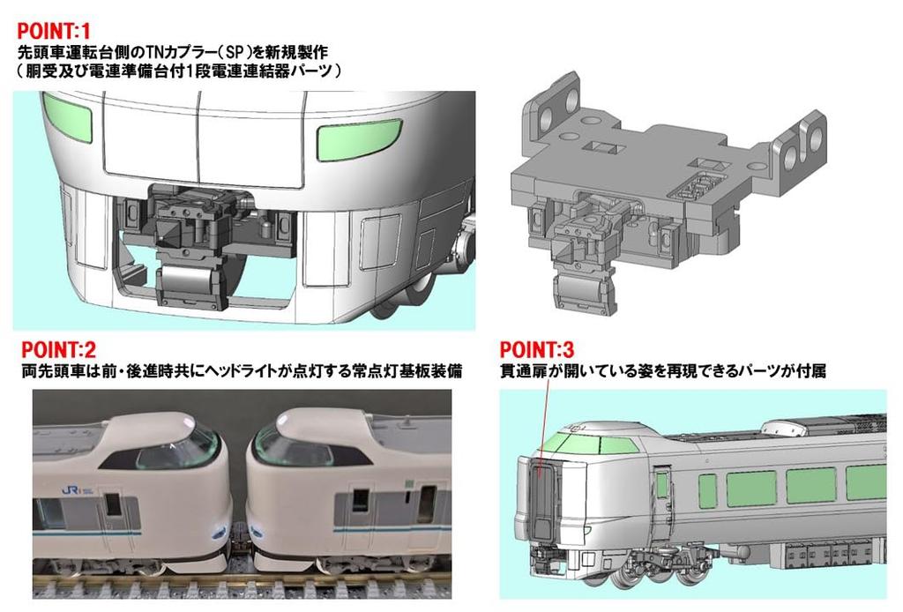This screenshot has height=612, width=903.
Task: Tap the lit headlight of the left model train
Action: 218,532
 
